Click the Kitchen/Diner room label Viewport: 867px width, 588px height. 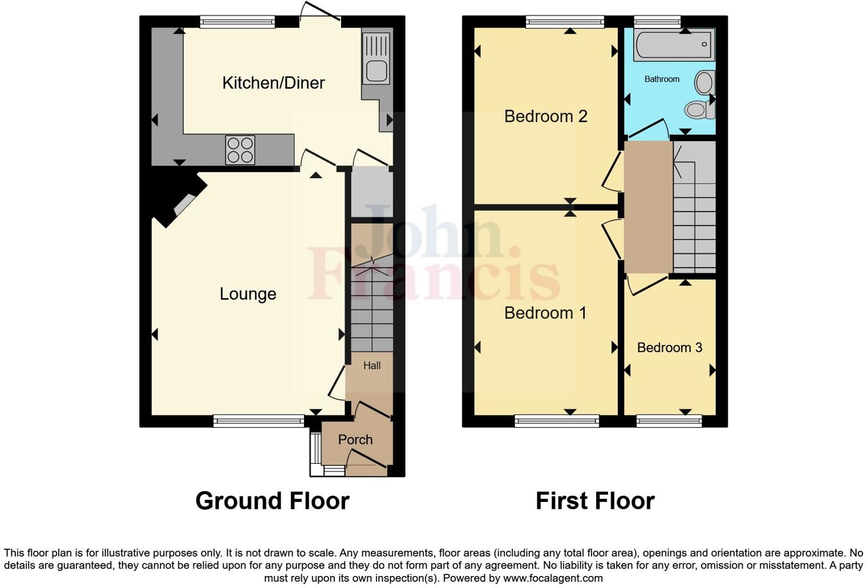273,83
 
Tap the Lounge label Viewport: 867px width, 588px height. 248,294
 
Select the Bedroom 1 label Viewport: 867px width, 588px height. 545,313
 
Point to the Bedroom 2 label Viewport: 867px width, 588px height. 545,117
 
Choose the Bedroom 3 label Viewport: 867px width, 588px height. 669,348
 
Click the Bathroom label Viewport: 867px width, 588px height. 662,79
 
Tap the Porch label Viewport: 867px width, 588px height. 355,440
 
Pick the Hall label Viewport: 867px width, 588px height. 372,366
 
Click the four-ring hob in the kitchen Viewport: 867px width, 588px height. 240,150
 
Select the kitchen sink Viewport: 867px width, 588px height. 376,59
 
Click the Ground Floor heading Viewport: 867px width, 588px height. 272,501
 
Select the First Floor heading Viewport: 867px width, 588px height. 595,501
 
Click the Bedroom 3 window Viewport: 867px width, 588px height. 669,421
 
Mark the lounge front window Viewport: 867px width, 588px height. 258,421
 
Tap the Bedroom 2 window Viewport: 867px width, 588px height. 565,22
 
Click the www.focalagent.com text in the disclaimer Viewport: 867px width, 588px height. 552,578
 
